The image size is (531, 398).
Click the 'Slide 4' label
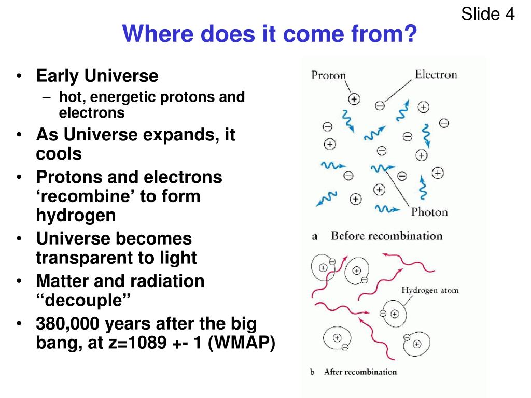point(487,14)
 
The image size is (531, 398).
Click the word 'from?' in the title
point(384,34)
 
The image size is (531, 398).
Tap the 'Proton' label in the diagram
point(328,75)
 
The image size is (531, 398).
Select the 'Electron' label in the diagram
point(436,74)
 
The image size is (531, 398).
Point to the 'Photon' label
point(429,212)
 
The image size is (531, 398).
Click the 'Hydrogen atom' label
point(430,290)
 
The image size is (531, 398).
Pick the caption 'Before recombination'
point(387,236)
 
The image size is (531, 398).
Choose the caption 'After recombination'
point(360,372)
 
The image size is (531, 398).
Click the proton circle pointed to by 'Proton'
point(354,99)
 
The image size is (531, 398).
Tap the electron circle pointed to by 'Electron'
point(380,106)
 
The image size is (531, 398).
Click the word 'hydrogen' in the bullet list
point(76,216)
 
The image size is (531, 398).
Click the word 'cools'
point(59,153)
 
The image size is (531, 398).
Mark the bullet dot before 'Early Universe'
point(19,76)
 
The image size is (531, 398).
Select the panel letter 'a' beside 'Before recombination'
point(315,236)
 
